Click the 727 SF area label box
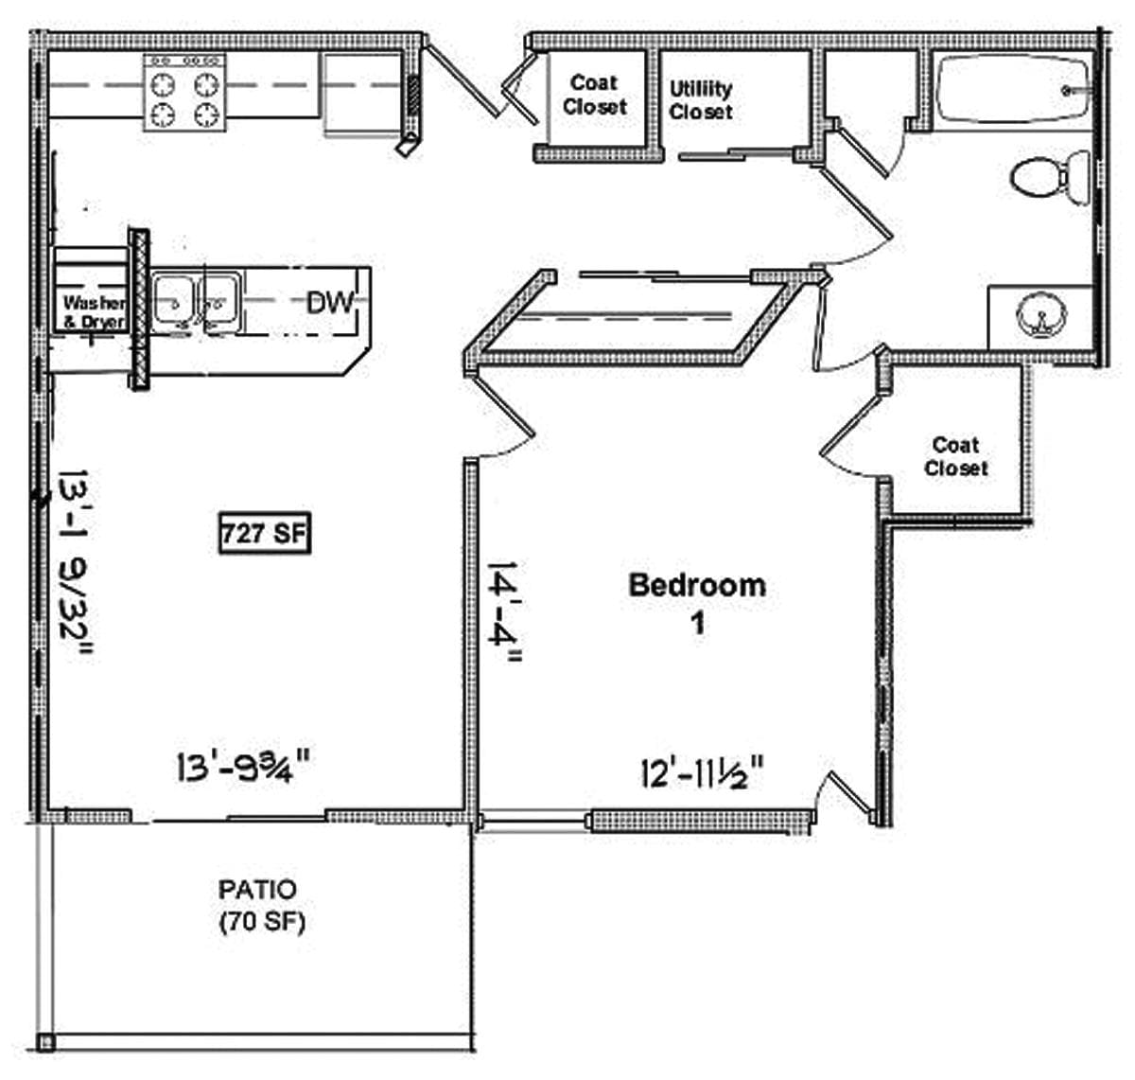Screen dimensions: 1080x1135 (264, 534)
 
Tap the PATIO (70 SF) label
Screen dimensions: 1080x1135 (258, 905)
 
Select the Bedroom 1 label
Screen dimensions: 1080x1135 (697, 602)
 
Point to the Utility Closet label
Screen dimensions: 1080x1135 (701, 99)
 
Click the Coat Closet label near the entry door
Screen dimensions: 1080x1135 (594, 96)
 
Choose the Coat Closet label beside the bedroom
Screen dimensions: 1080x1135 (956, 456)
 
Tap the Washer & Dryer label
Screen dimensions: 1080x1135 (93, 311)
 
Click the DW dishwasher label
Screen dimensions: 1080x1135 (330, 303)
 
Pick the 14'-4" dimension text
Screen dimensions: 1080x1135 (504, 615)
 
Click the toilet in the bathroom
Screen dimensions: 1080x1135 (1047, 178)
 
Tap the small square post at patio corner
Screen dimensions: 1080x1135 (45, 1044)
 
